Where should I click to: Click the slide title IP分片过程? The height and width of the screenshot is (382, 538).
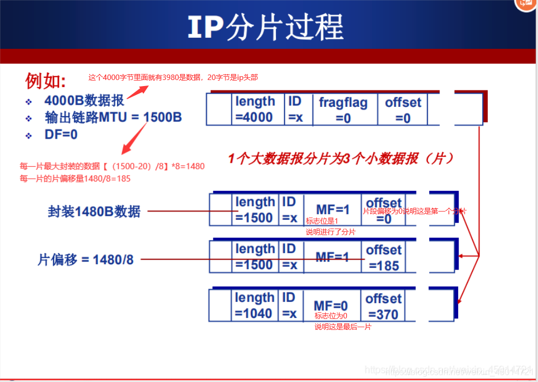[x=265, y=26]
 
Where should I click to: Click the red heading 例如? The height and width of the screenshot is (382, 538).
[x=45, y=81]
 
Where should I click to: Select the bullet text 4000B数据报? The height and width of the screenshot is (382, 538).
[x=84, y=101]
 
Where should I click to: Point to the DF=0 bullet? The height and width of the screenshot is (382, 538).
[x=61, y=134]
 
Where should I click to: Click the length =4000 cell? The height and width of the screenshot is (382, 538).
[x=255, y=109]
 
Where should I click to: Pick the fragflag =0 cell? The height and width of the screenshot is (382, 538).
[x=343, y=110]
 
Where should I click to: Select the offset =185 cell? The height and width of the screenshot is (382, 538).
[x=383, y=258]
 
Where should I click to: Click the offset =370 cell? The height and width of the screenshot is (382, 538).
[x=383, y=306]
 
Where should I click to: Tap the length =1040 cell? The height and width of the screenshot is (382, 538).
[x=254, y=305]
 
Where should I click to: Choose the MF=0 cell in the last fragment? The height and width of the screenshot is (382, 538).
[x=331, y=305]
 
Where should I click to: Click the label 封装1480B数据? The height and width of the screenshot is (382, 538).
[x=94, y=212]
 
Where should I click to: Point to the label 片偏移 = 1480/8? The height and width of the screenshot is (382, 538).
[x=85, y=259]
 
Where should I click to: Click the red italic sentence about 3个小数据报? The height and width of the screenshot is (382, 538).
[x=341, y=159]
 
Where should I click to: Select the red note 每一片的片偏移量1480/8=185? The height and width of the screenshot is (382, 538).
[x=75, y=179]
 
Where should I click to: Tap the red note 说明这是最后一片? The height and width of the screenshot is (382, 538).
[x=343, y=327]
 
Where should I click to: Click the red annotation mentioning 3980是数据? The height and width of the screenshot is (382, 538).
[x=173, y=78]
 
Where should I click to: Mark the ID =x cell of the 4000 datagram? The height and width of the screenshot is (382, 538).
[x=295, y=109]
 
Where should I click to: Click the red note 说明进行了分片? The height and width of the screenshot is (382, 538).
[x=331, y=232]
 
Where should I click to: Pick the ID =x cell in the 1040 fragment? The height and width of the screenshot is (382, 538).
[x=290, y=305]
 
